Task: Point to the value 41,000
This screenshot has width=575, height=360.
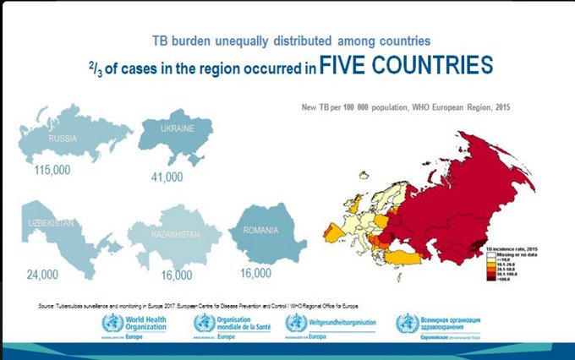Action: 167,177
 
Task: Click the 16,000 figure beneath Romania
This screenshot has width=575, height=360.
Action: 255,273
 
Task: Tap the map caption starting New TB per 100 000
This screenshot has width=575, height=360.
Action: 406,108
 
